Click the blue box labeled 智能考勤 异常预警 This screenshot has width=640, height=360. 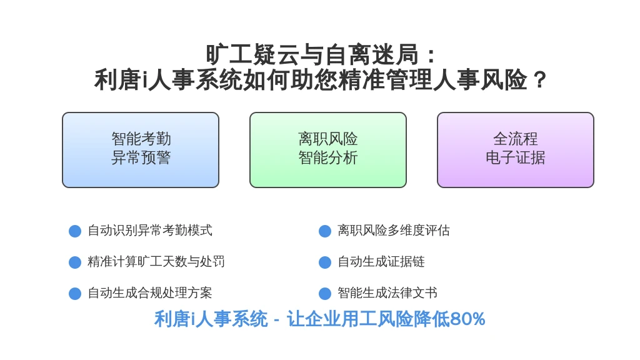(x=141, y=150)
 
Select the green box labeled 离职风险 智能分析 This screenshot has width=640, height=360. (x=327, y=150)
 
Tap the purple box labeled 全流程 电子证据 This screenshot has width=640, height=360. (x=515, y=150)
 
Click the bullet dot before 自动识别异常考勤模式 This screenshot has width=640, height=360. (x=75, y=231)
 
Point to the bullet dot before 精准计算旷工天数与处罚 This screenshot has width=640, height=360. (x=75, y=262)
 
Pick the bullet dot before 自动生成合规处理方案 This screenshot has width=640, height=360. (x=75, y=294)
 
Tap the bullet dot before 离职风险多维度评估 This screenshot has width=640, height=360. (x=325, y=231)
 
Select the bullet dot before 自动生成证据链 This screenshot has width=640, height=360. (x=325, y=262)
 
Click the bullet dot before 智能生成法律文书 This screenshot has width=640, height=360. (x=325, y=294)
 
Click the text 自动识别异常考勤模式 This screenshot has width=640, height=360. (x=150, y=230)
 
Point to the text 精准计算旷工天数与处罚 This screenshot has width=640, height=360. (x=156, y=261)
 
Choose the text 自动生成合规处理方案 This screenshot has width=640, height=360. (x=150, y=292)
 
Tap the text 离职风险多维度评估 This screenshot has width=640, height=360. (x=394, y=230)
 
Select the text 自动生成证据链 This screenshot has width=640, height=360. (x=381, y=261)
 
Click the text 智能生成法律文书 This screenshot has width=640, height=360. (x=387, y=292)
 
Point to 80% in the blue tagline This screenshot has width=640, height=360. (x=467, y=319)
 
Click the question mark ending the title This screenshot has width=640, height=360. (x=539, y=79)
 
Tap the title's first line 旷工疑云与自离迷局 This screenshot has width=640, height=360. (x=312, y=55)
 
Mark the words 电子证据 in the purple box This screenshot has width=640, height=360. (x=515, y=157)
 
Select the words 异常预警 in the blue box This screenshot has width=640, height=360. (x=141, y=157)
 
